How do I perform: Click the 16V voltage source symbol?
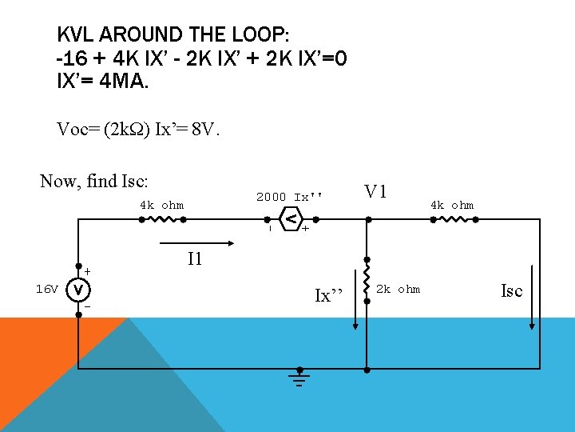tap(78, 289)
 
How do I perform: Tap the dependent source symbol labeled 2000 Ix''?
tap(292, 218)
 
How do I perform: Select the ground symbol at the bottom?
tap(300, 378)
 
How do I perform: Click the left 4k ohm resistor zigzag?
tap(161, 218)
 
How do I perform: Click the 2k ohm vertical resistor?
tap(367, 289)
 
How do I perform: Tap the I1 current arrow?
tap(196, 238)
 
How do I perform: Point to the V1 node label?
tap(376, 192)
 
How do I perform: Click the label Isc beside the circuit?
tap(511, 290)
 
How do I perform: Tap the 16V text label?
tap(47, 289)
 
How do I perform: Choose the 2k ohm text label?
tap(398, 289)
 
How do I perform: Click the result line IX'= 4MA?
tap(103, 81)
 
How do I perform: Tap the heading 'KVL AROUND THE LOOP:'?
tap(173, 35)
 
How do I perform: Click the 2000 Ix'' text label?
tap(290, 197)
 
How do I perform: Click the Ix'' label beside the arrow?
tap(328, 295)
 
